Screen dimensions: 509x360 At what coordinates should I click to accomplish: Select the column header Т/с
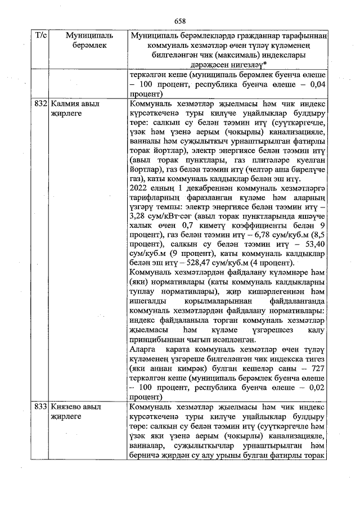click(x=40, y=35)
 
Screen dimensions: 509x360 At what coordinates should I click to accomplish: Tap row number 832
click(x=40, y=104)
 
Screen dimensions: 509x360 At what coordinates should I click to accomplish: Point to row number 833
click(x=40, y=407)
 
